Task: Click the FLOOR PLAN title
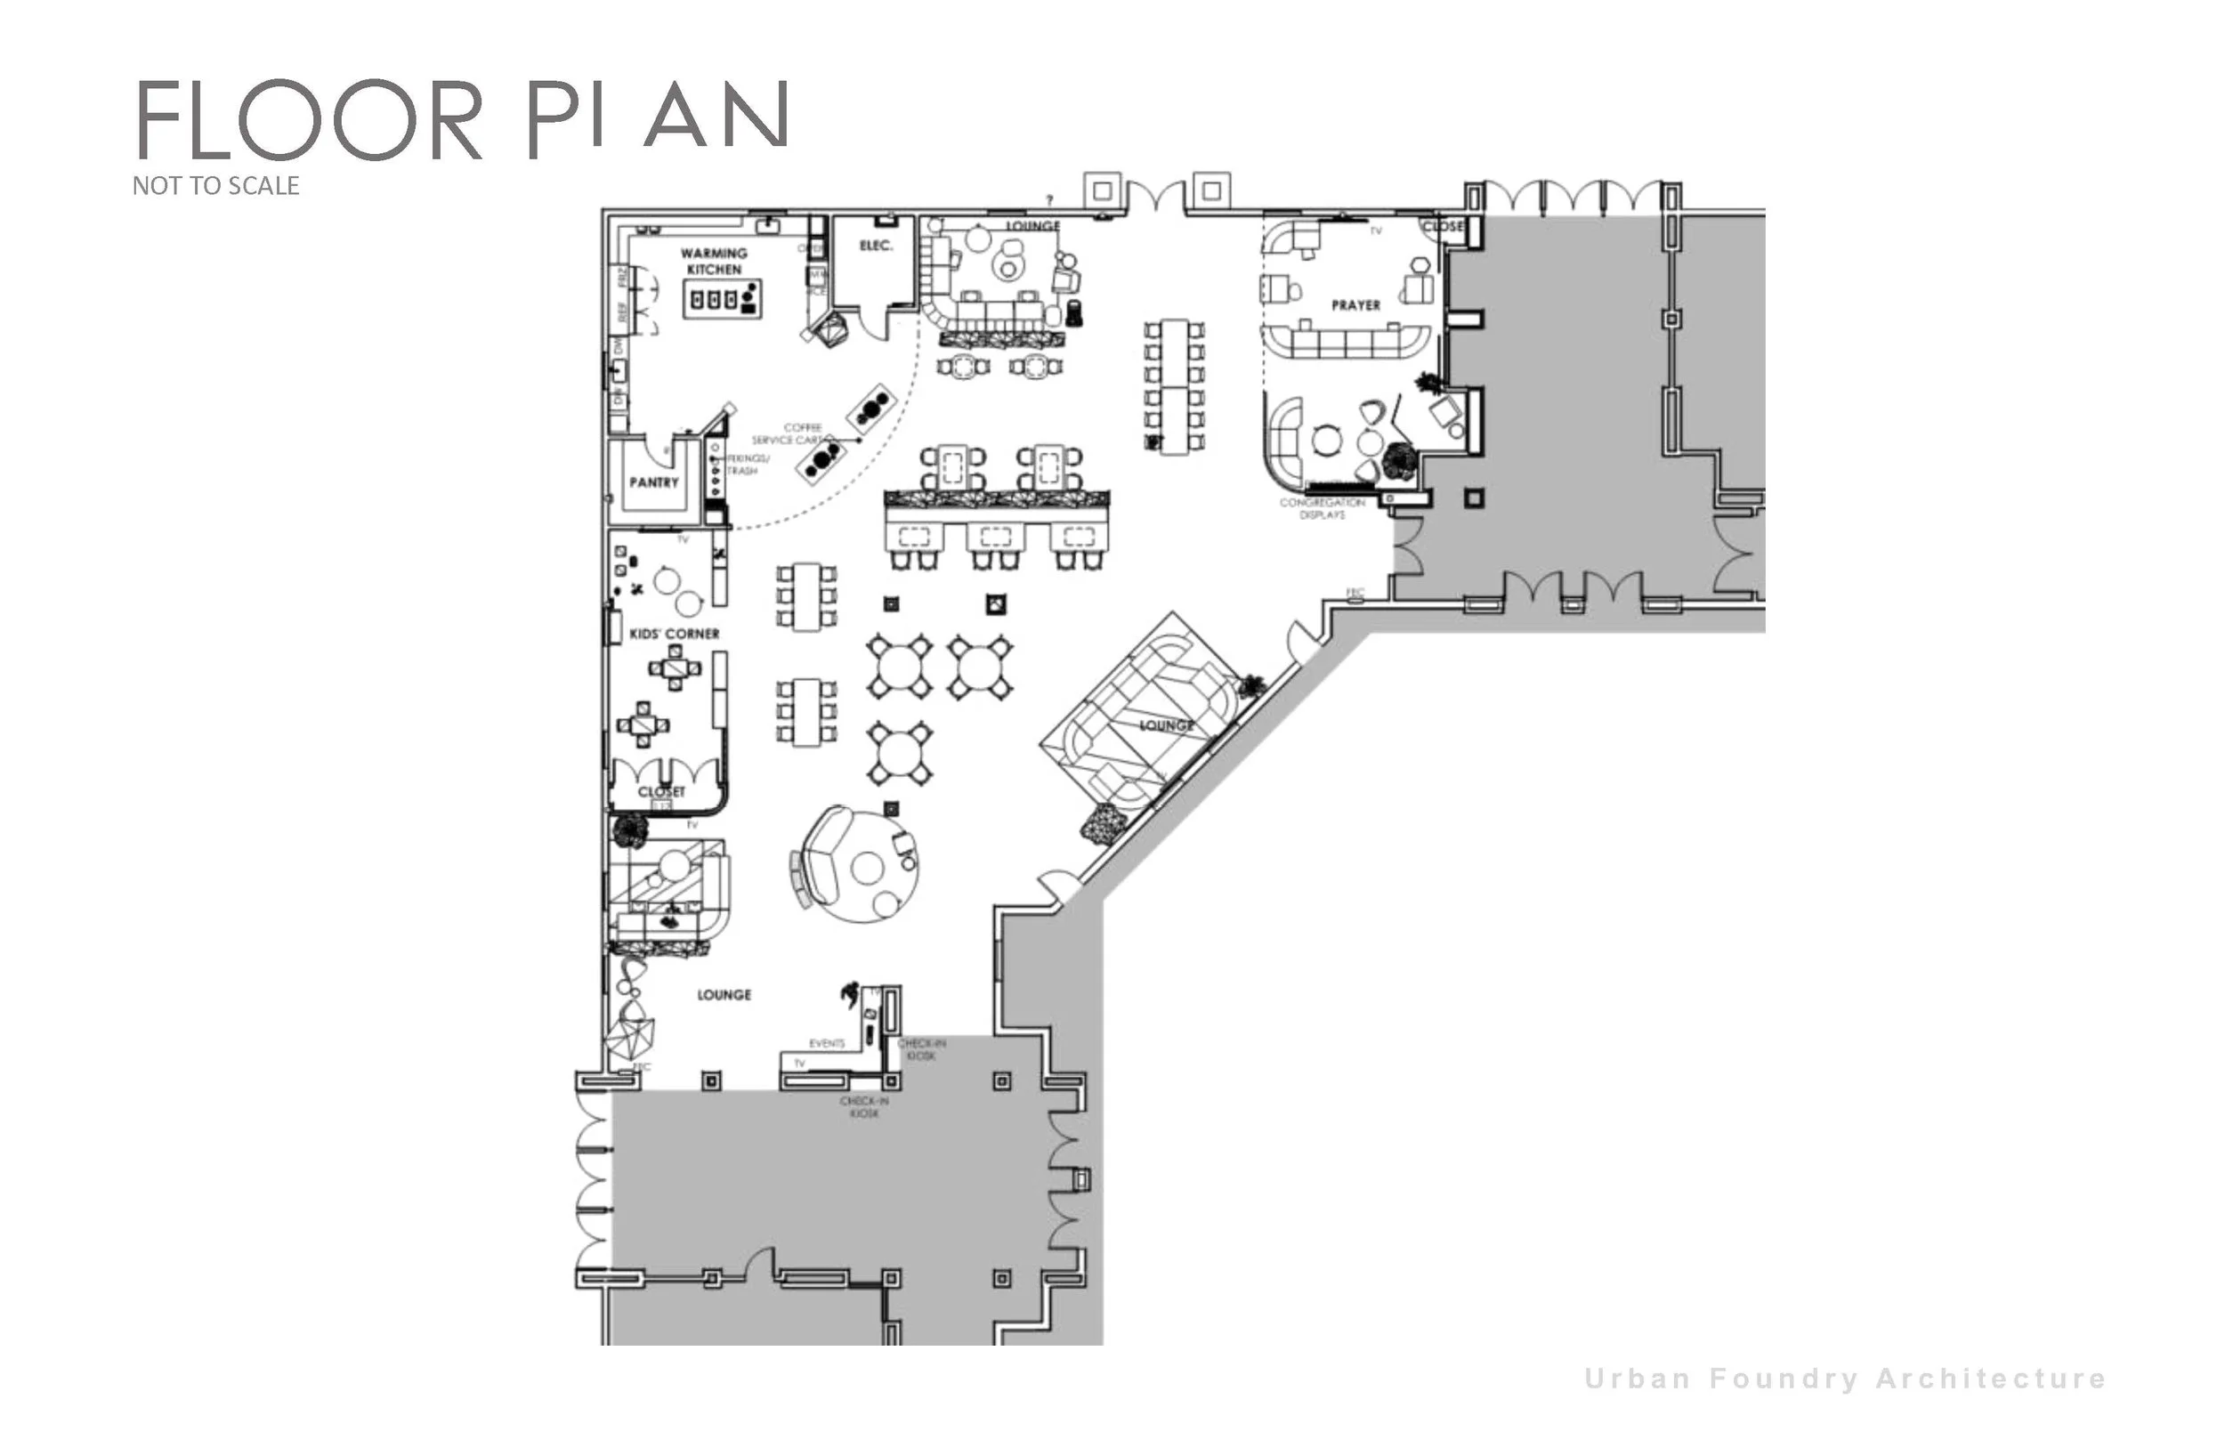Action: [464, 118]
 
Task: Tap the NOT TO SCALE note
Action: [216, 186]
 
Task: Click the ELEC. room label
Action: [876, 246]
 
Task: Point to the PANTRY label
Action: [653, 482]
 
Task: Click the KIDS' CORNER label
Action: [674, 634]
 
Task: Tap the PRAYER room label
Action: [1355, 306]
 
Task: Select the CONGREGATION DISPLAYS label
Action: [1322, 509]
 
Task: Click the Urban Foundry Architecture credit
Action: [1846, 1379]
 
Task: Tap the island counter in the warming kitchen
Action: [722, 299]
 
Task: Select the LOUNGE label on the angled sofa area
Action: [1166, 725]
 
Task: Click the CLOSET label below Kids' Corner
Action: [662, 792]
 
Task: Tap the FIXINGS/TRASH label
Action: [747, 465]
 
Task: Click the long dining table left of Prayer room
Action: [1174, 386]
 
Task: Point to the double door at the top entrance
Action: [1157, 198]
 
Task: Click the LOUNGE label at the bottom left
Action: [724, 995]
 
